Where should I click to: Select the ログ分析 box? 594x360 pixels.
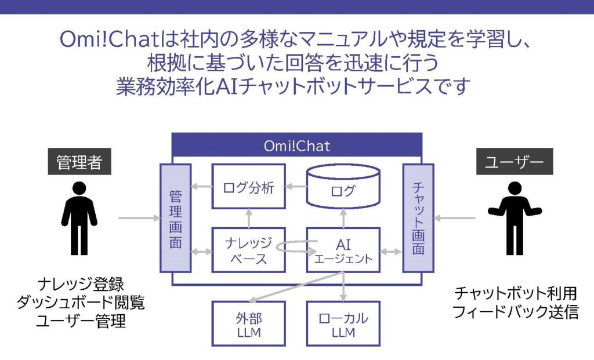tap(248, 187)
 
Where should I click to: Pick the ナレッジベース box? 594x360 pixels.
tap(248, 250)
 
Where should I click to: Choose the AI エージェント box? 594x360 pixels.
tap(343, 250)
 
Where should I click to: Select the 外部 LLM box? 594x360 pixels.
tap(248, 323)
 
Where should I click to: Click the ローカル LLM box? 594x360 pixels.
tap(343, 323)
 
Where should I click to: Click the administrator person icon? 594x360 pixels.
tap(79, 218)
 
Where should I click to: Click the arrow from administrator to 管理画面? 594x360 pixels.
tap(138, 219)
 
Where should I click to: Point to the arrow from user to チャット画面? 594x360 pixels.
tap(455, 219)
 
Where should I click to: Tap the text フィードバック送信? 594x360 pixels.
tap(515, 312)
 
